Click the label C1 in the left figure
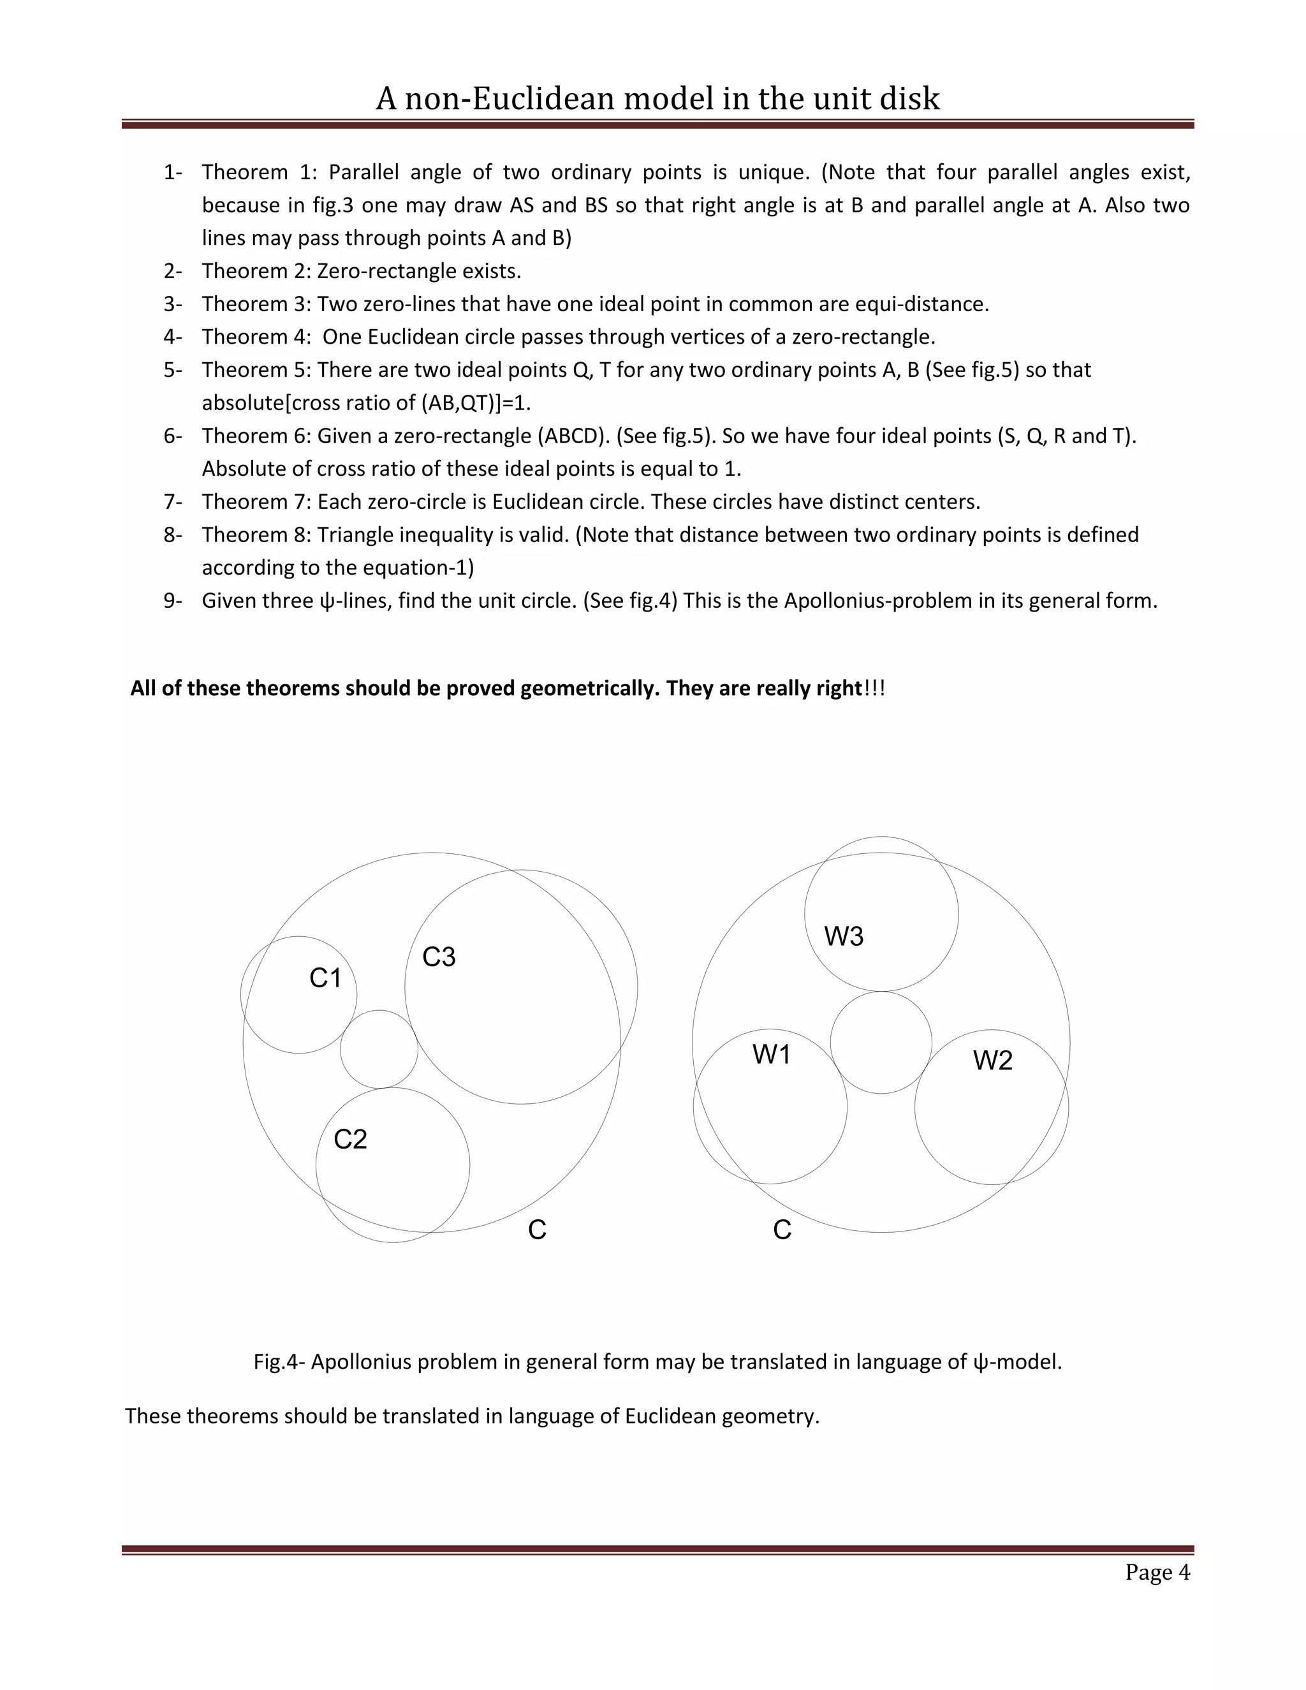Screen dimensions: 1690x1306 325,978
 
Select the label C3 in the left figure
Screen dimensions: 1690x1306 439,957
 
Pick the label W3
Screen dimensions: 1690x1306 843,936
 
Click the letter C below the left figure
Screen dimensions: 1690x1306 537,1230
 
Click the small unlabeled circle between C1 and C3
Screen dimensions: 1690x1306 379,1049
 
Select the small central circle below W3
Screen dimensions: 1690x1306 881,1042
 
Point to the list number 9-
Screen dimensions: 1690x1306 173,601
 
